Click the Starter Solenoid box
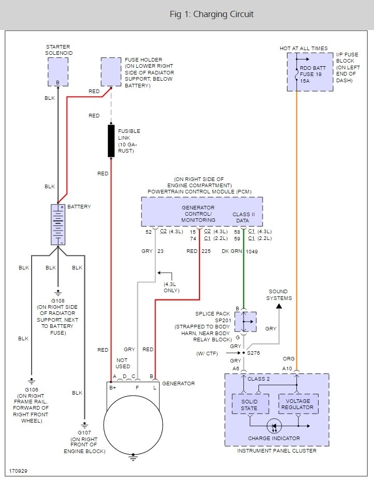coord(57,72)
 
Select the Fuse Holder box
coord(110,71)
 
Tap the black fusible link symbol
coord(111,140)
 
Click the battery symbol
coord(57,224)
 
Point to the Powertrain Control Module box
coord(202,211)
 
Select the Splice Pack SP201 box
coord(245,322)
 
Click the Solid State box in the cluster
coord(250,403)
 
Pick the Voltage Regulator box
coord(298,403)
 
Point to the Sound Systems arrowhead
coord(279,306)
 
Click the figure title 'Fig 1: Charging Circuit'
coord(212,14)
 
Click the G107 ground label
coord(83,432)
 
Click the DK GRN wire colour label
coord(232,251)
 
